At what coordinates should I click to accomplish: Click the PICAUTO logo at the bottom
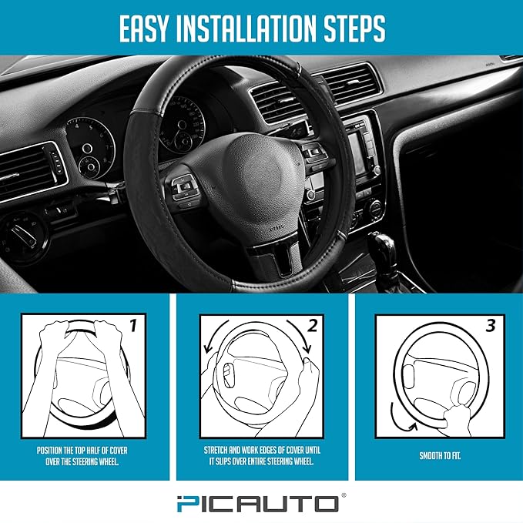coord(262,504)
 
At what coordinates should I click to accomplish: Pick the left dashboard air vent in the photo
coord(31,169)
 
